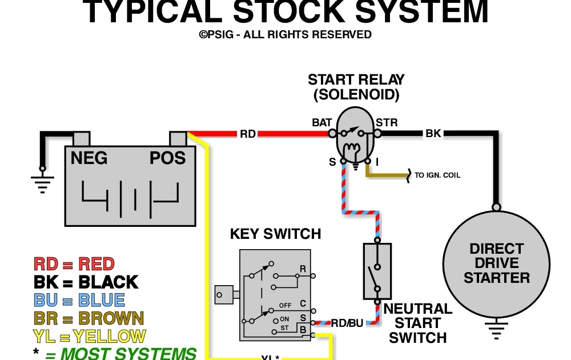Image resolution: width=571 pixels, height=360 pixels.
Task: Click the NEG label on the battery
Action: [x=89, y=158]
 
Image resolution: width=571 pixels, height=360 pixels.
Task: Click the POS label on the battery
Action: [x=168, y=158]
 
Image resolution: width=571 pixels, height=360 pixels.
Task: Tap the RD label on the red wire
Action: [x=247, y=134]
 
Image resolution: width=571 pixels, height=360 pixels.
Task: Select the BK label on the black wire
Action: [x=433, y=134]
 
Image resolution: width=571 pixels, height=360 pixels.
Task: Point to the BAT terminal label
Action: [x=322, y=122]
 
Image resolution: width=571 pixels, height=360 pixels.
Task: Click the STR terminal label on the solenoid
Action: [x=387, y=122]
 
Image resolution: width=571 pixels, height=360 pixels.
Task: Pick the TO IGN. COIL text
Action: [x=437, y=175]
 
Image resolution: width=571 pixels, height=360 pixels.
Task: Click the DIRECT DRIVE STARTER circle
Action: [x=497, y=263]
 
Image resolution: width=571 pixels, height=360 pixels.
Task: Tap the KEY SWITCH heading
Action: [x=275, y=234]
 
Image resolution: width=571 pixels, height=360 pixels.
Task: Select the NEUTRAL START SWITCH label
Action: [x=418, y=323]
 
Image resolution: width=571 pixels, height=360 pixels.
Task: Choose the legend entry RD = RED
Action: [x=74, y=264]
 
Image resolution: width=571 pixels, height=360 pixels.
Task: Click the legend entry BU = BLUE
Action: [x=79, y=300]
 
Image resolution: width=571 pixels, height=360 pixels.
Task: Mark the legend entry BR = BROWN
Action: [x=89, y=318]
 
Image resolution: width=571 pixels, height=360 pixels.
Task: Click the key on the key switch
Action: [x=225, y=295]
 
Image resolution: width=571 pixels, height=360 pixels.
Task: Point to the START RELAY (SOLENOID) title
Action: [x=356, y=87]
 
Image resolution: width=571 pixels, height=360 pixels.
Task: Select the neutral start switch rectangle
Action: [x=377, y=271]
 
